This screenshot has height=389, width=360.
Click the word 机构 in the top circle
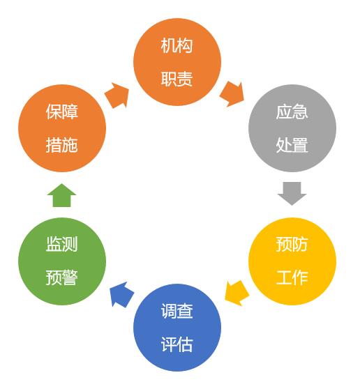[177, 45]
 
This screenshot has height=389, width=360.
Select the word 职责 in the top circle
[177, 79]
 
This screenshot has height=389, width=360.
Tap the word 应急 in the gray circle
[292, 112]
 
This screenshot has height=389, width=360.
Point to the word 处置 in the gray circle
[292, 145]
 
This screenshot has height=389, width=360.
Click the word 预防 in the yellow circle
[292, 245]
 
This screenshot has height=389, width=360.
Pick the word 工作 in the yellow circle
[292, 277]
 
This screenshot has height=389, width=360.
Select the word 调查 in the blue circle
[177, 311]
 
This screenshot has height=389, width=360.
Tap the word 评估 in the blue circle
[177, 344]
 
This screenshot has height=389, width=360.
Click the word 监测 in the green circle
[62, 245]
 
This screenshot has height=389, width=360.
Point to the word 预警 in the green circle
[62, 277]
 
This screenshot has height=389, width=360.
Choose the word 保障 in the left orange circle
[62, 112]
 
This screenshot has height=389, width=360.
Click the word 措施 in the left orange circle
[62, 145]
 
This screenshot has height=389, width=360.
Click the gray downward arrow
[292, 194]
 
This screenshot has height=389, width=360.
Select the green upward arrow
[61, 195]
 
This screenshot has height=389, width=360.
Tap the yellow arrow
[237, 293]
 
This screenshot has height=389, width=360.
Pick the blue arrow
[122, 294]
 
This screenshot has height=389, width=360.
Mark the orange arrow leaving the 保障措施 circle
[117, 96]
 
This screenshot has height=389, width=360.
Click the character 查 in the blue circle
[185, 311]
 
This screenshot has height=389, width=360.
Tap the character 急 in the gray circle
[300, 112]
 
